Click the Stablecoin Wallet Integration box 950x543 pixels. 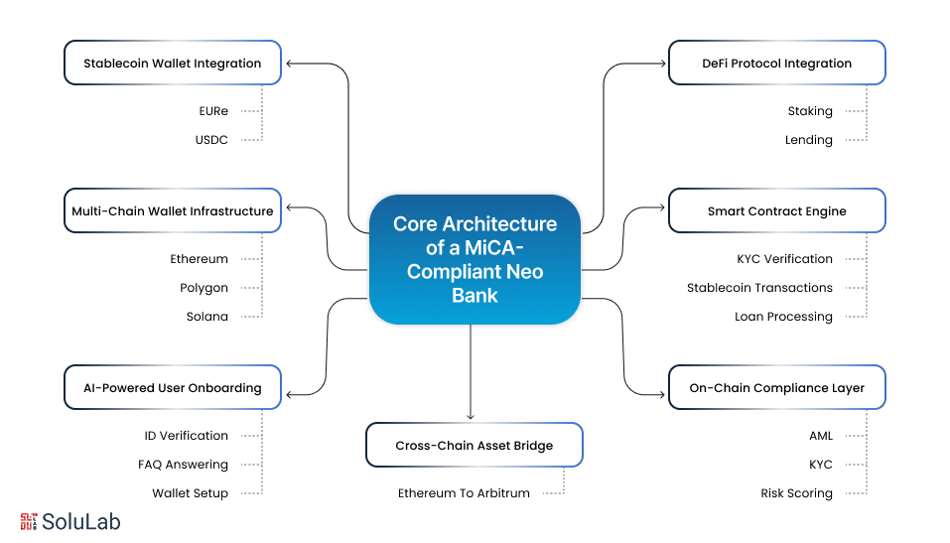(173, 63)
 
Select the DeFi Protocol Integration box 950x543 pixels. (776, 63)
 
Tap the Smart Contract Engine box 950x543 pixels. (776, 210)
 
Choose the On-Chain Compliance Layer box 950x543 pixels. (776, 388)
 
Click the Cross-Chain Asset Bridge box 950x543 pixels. (474, 446)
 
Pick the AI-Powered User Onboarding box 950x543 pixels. (173, 388)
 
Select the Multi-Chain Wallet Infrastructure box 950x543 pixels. (173, 210)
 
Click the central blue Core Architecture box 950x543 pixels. (475, 259)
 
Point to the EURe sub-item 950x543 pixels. (212, 111)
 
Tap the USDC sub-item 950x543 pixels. (211, 140)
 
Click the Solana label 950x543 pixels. (206, 317)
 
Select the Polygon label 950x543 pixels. (204, 288)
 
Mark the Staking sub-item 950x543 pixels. (810, 111)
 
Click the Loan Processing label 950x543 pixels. (783, 317)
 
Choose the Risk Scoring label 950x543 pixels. (796, 493)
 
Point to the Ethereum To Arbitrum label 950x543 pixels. (464, 493)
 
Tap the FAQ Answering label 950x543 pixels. (183, 465)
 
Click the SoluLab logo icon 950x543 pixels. (30, 521)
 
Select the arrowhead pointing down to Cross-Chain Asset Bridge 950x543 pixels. (471, 416)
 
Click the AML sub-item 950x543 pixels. (820, 436)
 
